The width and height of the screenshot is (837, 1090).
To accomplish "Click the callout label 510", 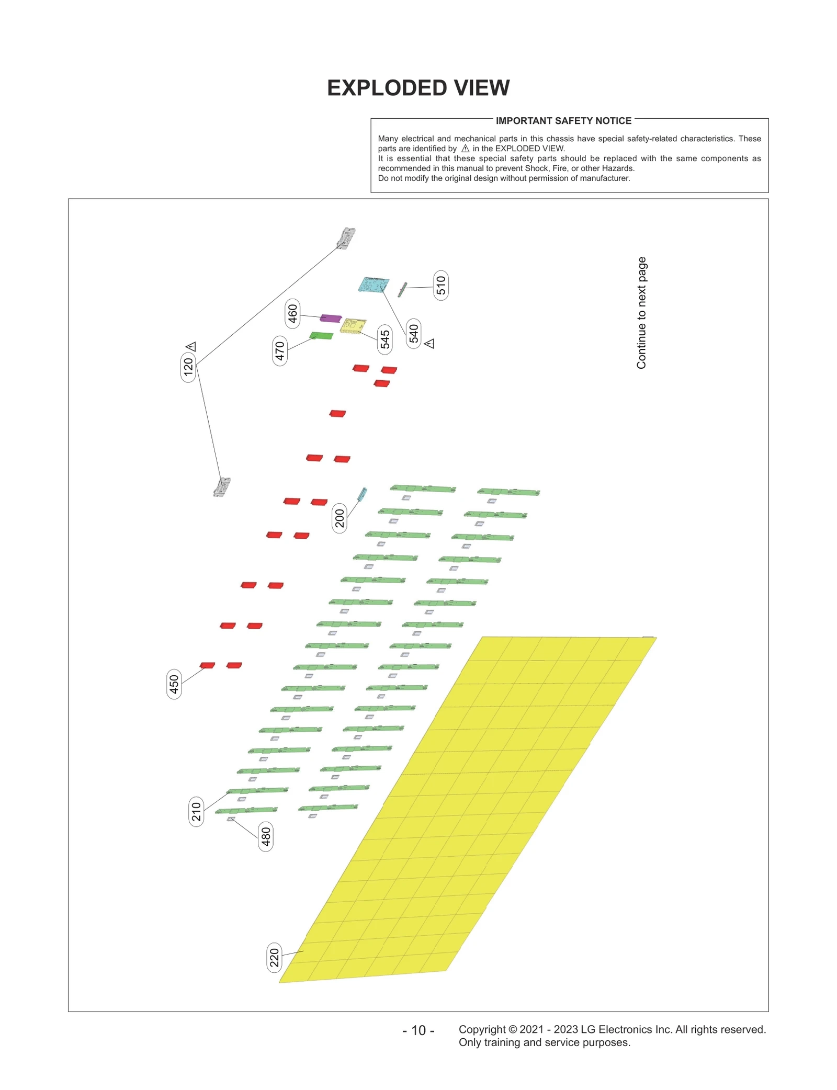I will (440, 285).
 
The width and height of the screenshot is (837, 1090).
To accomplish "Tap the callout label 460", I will (292, 314).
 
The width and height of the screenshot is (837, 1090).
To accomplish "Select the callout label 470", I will (280, 350).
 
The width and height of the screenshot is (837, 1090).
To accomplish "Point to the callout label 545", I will (385, 339).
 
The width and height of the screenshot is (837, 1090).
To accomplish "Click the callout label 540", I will (414, 333).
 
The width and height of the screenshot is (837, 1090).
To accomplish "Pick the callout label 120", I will (188, 367).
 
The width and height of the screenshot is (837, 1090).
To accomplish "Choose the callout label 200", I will (340, 518).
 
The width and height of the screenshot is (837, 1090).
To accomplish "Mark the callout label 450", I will (174, 684).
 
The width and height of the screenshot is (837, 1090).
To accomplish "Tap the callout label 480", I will (266, 836).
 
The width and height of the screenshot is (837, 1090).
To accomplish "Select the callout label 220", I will (274, 958).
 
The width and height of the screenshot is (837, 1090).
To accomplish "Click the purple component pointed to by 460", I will (331, 318).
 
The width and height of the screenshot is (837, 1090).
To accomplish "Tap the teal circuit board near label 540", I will (374, 285).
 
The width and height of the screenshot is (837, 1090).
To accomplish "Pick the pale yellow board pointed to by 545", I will (353, 325).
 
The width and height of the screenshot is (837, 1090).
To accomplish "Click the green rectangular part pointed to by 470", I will (321, 335).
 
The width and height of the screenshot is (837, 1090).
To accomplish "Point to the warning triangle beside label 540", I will (429, 344).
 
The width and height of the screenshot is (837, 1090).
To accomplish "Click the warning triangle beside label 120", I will (191, 346).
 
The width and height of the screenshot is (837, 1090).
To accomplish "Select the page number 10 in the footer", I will (418, 1030).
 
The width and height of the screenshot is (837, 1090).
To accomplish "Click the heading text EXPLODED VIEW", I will (418, 88).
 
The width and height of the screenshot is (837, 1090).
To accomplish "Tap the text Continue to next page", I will (641, 313).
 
